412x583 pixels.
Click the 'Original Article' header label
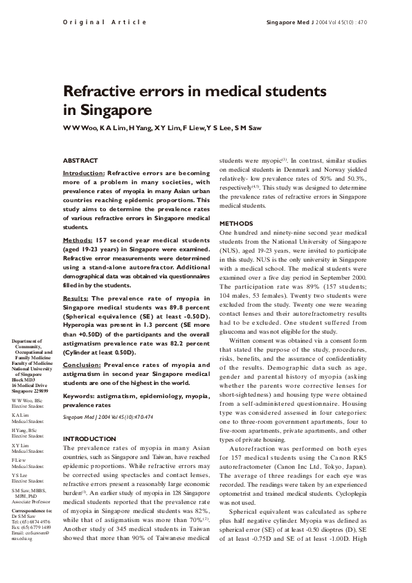click(x=105, y=22)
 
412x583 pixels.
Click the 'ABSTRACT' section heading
click(x=80, y=161)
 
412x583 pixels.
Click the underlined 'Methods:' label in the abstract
click(x=78, y=240)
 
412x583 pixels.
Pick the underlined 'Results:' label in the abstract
click(x=77, y=298)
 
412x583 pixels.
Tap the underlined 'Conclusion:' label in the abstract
click(x=82, y=364)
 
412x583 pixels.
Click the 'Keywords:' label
click(x=80, y=395)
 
